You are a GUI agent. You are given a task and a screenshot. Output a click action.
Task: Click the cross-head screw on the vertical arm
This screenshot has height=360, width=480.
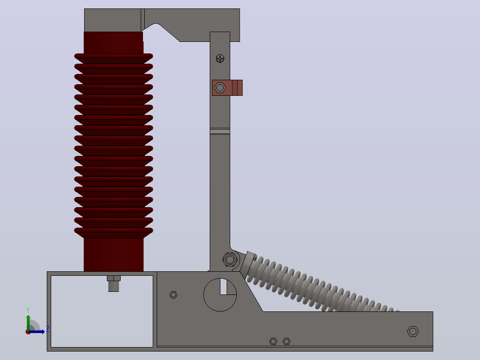click(x=220, y=58)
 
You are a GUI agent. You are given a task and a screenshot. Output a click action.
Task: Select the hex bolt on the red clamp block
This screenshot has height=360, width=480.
click(x=220, y=88)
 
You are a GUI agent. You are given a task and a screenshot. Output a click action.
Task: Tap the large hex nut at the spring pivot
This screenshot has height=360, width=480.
click(x=230, y=260)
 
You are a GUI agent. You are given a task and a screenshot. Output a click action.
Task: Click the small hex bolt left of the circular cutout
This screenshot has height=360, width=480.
click(x=174, y=295)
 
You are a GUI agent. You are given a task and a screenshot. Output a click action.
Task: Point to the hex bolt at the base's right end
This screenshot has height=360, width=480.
click(x=413, y=331)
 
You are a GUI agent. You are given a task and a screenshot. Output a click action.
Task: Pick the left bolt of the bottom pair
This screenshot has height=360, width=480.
click(x=273, y=341)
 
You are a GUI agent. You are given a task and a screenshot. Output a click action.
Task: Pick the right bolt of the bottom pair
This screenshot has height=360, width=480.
click(x=287, y=341)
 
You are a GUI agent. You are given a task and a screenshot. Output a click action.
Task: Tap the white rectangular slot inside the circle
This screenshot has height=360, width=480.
click(x=223, y=287)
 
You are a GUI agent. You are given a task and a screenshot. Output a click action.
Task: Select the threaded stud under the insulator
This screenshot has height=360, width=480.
click(x=114, y=284)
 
